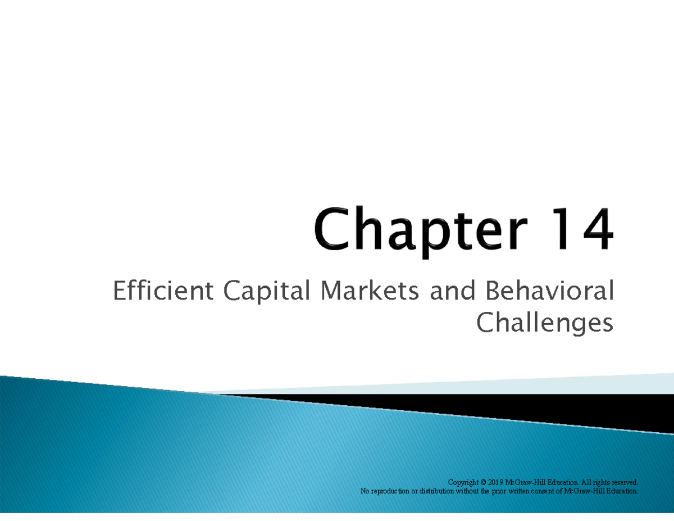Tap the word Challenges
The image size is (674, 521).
(544, 324)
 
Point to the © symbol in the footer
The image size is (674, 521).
(484, 482)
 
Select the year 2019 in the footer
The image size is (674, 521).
(496, 482)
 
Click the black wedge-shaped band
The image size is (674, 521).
(505, 407)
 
